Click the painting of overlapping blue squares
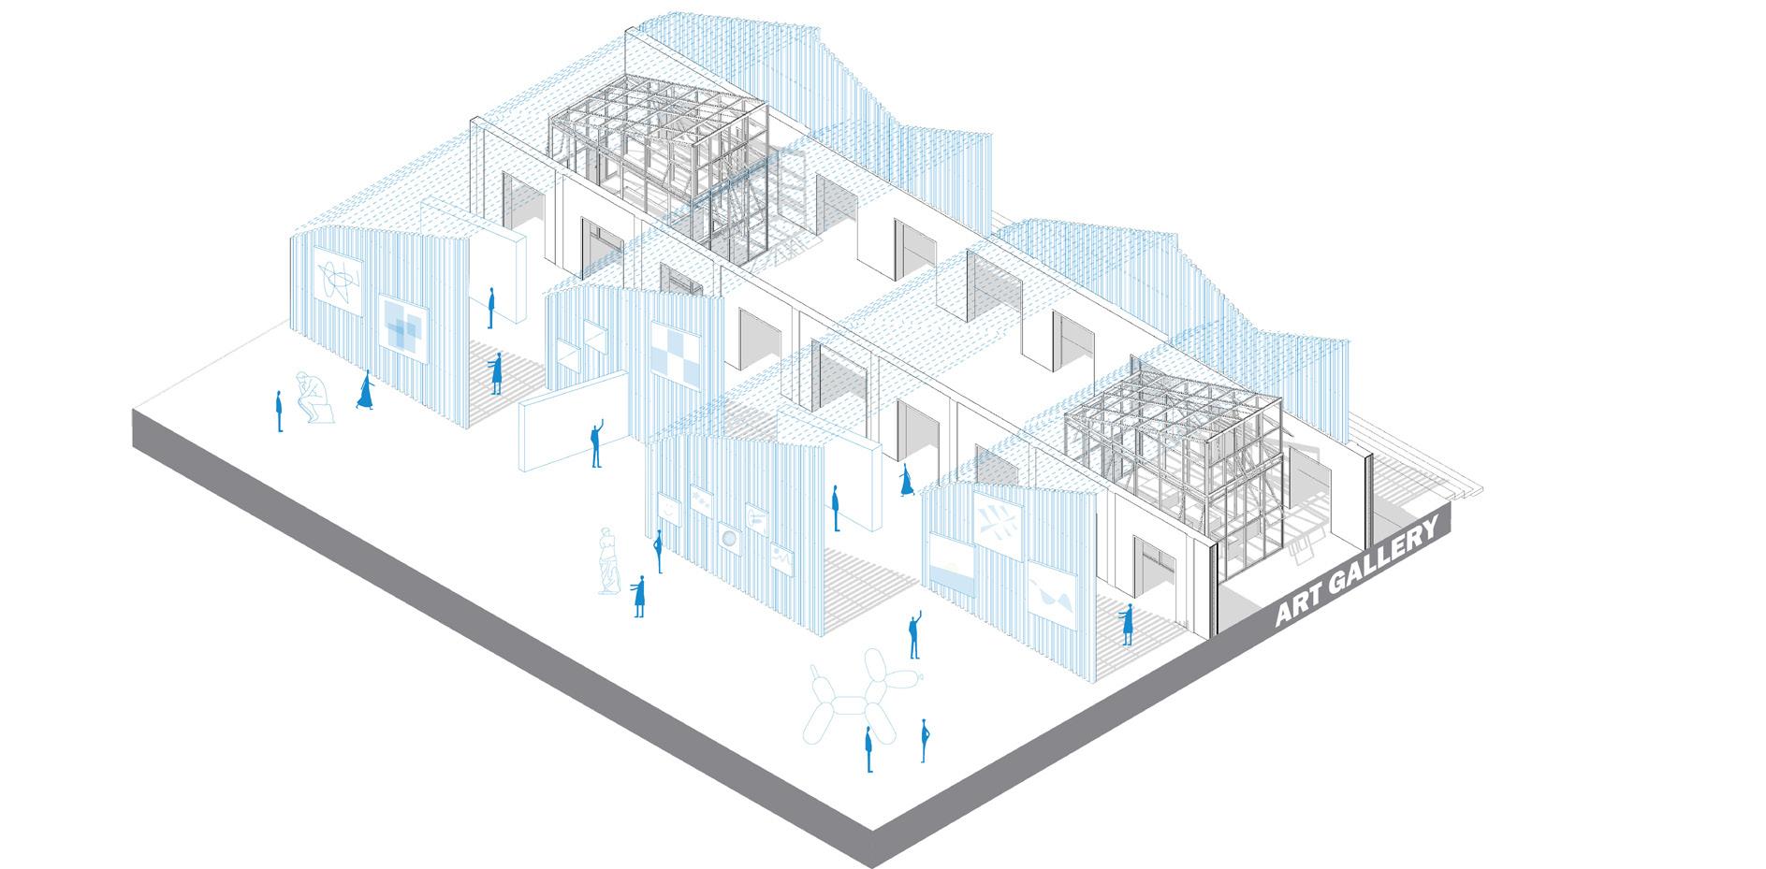click(x=404, y=331)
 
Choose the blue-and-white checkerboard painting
click(x=676, y=355)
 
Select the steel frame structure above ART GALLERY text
click(x=1176, y=458)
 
